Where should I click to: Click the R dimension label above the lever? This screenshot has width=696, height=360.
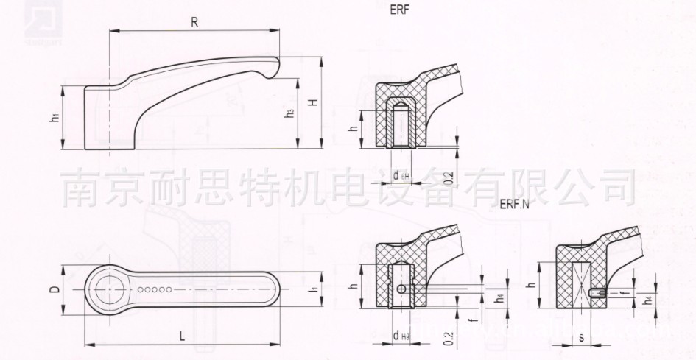coord(194,22)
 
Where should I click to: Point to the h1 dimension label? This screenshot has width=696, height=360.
coord(55,118)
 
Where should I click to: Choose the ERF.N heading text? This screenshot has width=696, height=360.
coord(514,205)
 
